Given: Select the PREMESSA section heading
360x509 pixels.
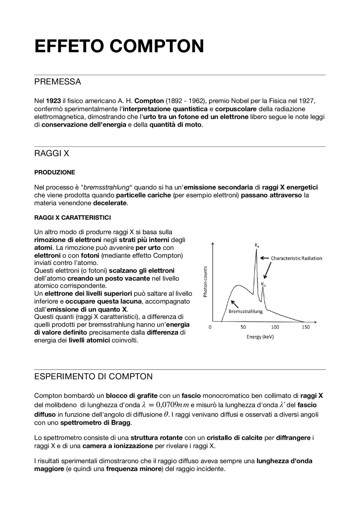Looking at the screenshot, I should click(57, 82).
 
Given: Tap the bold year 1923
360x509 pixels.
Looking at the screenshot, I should click(53, 101).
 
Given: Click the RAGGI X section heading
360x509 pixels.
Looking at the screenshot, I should click(51, 153).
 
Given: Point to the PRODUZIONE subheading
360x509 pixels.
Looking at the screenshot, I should click(55, 172).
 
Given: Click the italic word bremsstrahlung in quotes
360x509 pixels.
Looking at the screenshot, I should click(106, 187).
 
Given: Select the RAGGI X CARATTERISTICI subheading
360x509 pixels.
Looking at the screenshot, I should click(73, 218).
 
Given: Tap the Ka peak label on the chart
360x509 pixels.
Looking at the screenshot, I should click(257, 245).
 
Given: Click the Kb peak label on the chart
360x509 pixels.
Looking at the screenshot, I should click(263, 284).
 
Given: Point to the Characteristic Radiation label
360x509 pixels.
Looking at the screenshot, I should click(296, 258).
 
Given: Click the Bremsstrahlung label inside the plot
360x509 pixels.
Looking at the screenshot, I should click(245, 311).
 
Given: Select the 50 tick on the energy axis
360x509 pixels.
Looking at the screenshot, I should click(243, 327).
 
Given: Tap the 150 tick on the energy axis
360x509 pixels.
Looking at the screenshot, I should click(305, 327).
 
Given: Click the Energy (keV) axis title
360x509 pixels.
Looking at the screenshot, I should click(260, 337).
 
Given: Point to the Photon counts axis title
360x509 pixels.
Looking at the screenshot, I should click(205, 281).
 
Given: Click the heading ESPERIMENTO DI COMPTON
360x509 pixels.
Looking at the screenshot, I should click(93, 376).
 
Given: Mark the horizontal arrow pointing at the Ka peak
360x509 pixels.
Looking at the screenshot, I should click(264, 258).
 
